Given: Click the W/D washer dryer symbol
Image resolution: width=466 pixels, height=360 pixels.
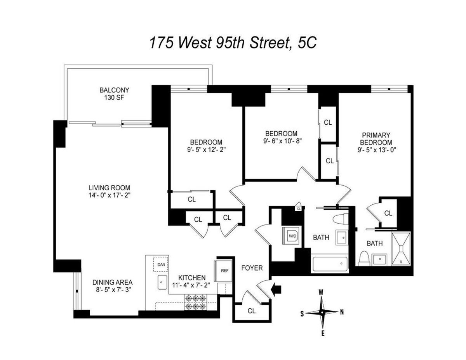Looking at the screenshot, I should (292, 235).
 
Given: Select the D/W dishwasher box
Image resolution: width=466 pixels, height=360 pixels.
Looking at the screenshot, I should (161, 265).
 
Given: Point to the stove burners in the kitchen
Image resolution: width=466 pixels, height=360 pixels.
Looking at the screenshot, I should (196, 302).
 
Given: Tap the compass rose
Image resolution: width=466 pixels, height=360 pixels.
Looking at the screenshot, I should (322, 312).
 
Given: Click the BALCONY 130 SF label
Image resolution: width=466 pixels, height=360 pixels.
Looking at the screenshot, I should (114, 94).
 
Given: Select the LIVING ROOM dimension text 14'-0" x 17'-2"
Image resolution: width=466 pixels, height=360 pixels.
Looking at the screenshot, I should (109, 195).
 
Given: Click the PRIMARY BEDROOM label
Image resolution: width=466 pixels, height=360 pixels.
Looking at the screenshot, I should (376, 139).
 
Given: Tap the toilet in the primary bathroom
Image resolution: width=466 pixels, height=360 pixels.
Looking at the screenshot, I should (364, 259).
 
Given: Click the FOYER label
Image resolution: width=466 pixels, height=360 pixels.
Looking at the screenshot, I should (252, 268).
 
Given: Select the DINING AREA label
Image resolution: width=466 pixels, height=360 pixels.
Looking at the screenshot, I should (113, 282).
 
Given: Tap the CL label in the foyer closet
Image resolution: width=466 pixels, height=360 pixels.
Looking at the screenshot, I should (252, 311).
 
